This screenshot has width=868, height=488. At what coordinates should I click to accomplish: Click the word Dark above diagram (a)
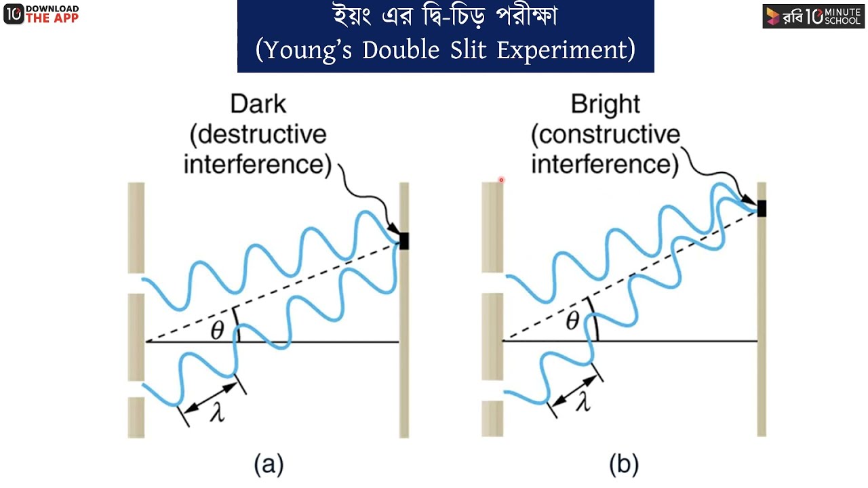pyautogui.click(x=258, y=104)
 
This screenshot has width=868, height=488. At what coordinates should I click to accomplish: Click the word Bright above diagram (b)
pyautogui.click(x=606, y=105)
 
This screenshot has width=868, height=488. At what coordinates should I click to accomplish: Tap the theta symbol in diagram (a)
pyautogui.click(x=218, y=331)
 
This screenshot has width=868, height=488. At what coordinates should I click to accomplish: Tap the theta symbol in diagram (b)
pyautogui.click(x=573, y=321)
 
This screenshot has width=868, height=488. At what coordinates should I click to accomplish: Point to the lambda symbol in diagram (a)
pyautogui.click(x=218, y=413)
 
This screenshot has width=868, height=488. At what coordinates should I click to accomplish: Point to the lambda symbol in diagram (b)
pyautogui.click(x=583, y=401)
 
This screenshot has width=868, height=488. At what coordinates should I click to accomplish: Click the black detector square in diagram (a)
pyautogui.click(x=404, y=241)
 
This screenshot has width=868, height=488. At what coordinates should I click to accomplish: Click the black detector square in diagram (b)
pyautogui.click(x=762, y=208)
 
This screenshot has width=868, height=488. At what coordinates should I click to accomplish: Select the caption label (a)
pyautogui.click(x=269, y=464)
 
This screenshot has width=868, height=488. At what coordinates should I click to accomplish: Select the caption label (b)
pyautogui.click(x=624, y=464)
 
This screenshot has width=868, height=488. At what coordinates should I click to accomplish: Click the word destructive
pyautogui.click(x=258, y=135)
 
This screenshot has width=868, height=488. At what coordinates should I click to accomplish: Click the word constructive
pyautogui.click(x=606, y=135)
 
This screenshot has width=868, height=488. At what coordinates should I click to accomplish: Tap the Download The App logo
pyautogui.click(x=41, y=14)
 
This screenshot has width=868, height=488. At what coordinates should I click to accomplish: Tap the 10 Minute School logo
pyautogui.click(x=813, y=16)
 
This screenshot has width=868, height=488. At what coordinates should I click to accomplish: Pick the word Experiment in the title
pyautogui.click(x=562, y=51)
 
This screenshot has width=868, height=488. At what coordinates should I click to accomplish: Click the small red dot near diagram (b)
pyautogui.click(x=501, y=180)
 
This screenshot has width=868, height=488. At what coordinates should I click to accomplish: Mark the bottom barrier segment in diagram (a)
pyautogui.click(x=136, y=418)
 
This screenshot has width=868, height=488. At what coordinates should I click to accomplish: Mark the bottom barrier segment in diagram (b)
pyautogui.click(x=492, y=419)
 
